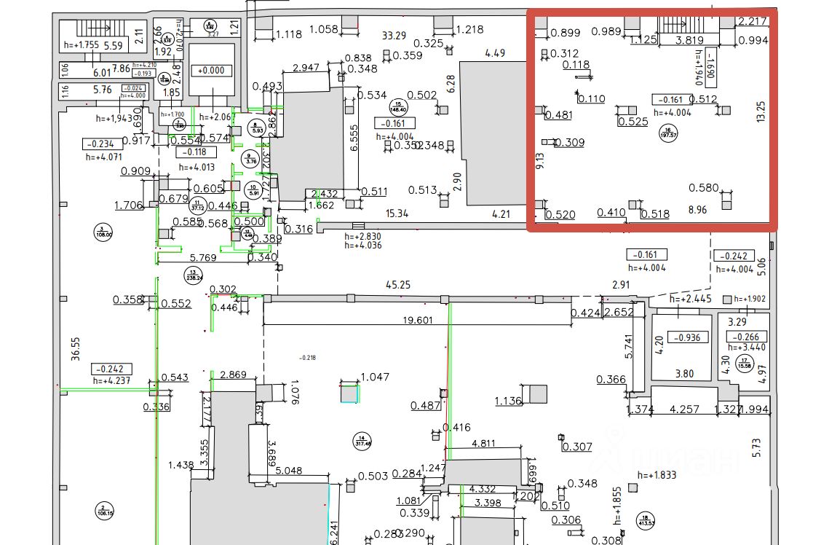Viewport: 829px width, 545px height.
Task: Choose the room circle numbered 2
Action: point(105,510)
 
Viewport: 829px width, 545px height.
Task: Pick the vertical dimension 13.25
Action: point(761,111)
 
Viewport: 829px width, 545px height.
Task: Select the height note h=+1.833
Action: point(657,475)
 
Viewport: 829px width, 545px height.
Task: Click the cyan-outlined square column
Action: point(350,393)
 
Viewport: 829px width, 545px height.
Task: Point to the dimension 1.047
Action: point(376,377)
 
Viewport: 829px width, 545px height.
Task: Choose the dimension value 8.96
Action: point(697,211)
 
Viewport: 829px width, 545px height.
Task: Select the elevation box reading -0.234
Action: point(100,144)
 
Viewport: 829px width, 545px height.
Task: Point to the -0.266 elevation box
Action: point(747,337)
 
